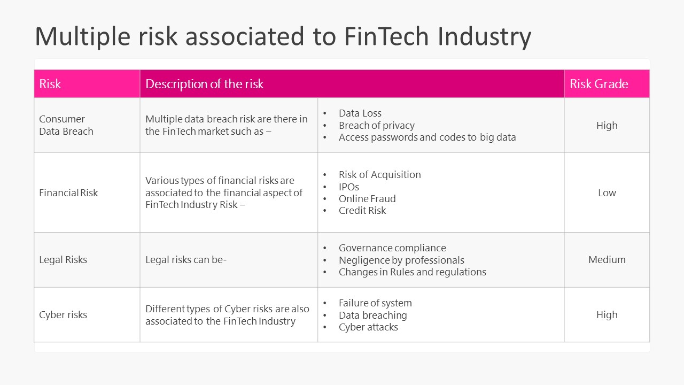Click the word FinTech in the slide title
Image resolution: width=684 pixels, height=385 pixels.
(387, 36)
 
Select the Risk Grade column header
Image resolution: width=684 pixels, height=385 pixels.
(598, 84)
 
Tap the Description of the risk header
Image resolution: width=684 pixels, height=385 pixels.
(204, 84)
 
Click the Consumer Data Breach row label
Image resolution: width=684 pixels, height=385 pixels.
(66, 125)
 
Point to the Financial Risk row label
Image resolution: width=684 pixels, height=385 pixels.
(68, 193)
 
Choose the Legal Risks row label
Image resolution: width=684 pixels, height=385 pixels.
(63, 260)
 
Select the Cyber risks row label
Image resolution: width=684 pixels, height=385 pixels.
(63, 315)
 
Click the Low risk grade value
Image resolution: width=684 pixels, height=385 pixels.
(607, 193)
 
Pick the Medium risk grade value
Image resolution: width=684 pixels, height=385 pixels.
(607, 260)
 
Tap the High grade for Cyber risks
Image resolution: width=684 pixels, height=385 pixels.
(607, 315)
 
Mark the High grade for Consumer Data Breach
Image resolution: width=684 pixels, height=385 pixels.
(607, 126)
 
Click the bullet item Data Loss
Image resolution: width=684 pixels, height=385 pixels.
(360, 113)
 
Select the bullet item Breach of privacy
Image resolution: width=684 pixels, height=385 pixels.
(376, 126)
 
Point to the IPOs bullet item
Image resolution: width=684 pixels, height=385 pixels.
(348, 187)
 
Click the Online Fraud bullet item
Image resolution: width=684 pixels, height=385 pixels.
(367, 199)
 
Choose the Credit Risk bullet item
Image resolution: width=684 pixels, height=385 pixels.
(362, 211)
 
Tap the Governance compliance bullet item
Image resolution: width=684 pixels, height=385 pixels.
(392, 248)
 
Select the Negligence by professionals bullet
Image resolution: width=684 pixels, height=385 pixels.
(401, 260)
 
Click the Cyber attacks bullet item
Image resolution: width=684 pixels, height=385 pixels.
(368, 327)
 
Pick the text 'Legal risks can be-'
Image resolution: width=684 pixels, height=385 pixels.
(186, 260)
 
